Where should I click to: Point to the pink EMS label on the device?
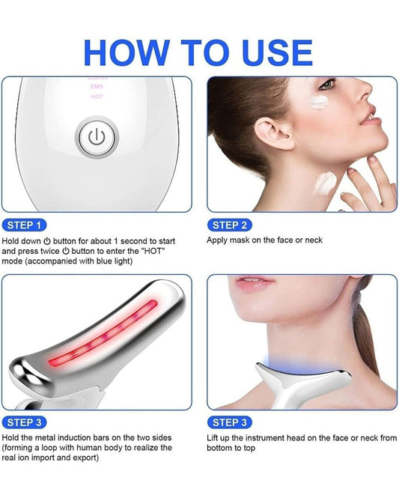97,86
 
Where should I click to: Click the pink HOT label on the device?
97,97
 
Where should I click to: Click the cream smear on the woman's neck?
326,182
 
